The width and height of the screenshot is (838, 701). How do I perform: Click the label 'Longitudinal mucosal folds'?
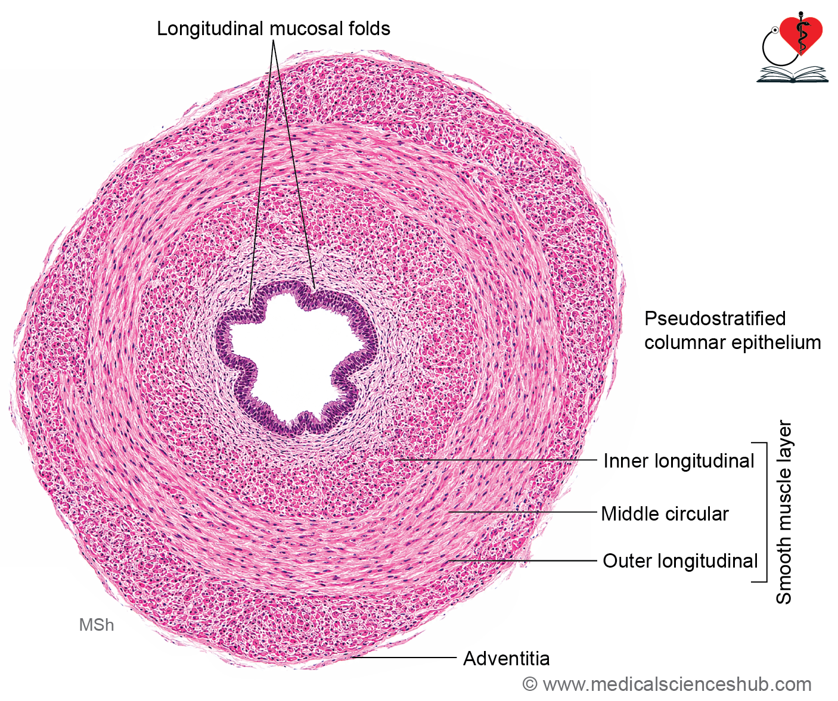click(274, 29)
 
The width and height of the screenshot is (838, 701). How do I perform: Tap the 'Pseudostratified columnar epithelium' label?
click(733, 331)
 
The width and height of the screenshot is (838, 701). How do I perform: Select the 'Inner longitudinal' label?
click(679, 461)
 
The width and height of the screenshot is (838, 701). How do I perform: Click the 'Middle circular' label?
click(665, 514)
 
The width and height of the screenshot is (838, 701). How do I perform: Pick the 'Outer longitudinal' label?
click(680, 560)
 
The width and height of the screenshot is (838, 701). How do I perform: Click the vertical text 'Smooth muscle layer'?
click(783, 512)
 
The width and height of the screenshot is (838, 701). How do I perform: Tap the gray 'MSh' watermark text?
click(97, 625)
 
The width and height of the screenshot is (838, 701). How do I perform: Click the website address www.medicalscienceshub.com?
click(677, 684)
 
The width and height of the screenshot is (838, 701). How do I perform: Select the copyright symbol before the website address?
click(530, 684)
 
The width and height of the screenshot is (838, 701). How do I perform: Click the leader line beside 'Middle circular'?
click(523, 512)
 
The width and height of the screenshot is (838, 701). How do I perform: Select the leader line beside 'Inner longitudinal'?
click(496, 460)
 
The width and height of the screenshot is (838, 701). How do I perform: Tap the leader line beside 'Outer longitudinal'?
click(523, 560)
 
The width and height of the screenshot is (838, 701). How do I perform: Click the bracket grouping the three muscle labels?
click(766, 512)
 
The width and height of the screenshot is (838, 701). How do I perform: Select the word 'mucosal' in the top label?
click(304, 29)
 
